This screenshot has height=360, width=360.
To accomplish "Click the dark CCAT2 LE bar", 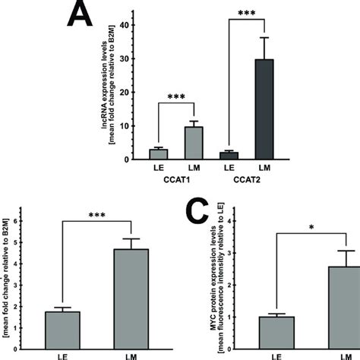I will pos(229,156).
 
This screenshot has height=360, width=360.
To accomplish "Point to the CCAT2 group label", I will pos(248,182).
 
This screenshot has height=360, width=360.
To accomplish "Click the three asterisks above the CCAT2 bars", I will pos(248,13).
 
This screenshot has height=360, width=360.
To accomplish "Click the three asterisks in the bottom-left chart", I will pos(96,216).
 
